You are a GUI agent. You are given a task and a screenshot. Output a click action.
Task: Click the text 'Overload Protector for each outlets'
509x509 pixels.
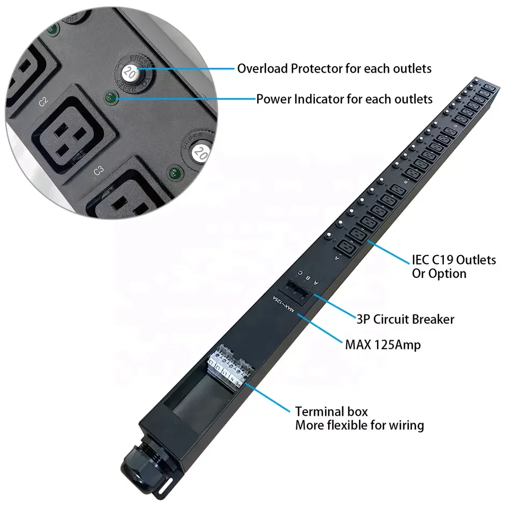coord(334,68)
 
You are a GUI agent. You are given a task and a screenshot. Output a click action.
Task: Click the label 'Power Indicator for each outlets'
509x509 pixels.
coord(344,99)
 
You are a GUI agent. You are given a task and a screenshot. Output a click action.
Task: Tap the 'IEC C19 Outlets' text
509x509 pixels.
coord(454,260)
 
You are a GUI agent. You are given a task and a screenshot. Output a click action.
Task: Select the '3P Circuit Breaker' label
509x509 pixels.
coord(405,319)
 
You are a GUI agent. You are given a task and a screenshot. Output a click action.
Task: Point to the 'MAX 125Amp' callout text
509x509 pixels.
coord(383,345)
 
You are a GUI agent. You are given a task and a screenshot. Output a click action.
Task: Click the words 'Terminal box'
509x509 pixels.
coord(331,411)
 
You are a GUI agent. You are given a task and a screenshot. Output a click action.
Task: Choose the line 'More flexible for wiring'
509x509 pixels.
coord(359,425)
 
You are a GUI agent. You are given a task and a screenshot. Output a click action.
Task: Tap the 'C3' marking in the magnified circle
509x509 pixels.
coord(99,171)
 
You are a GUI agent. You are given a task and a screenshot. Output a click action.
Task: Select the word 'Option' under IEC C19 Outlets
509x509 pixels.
coord(439,274)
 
